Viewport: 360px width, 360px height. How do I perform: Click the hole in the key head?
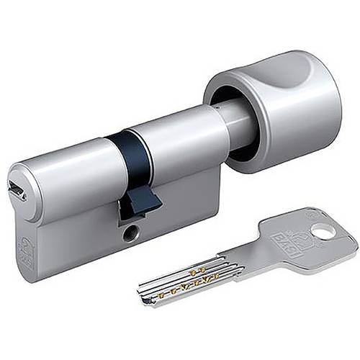click(323, 231)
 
